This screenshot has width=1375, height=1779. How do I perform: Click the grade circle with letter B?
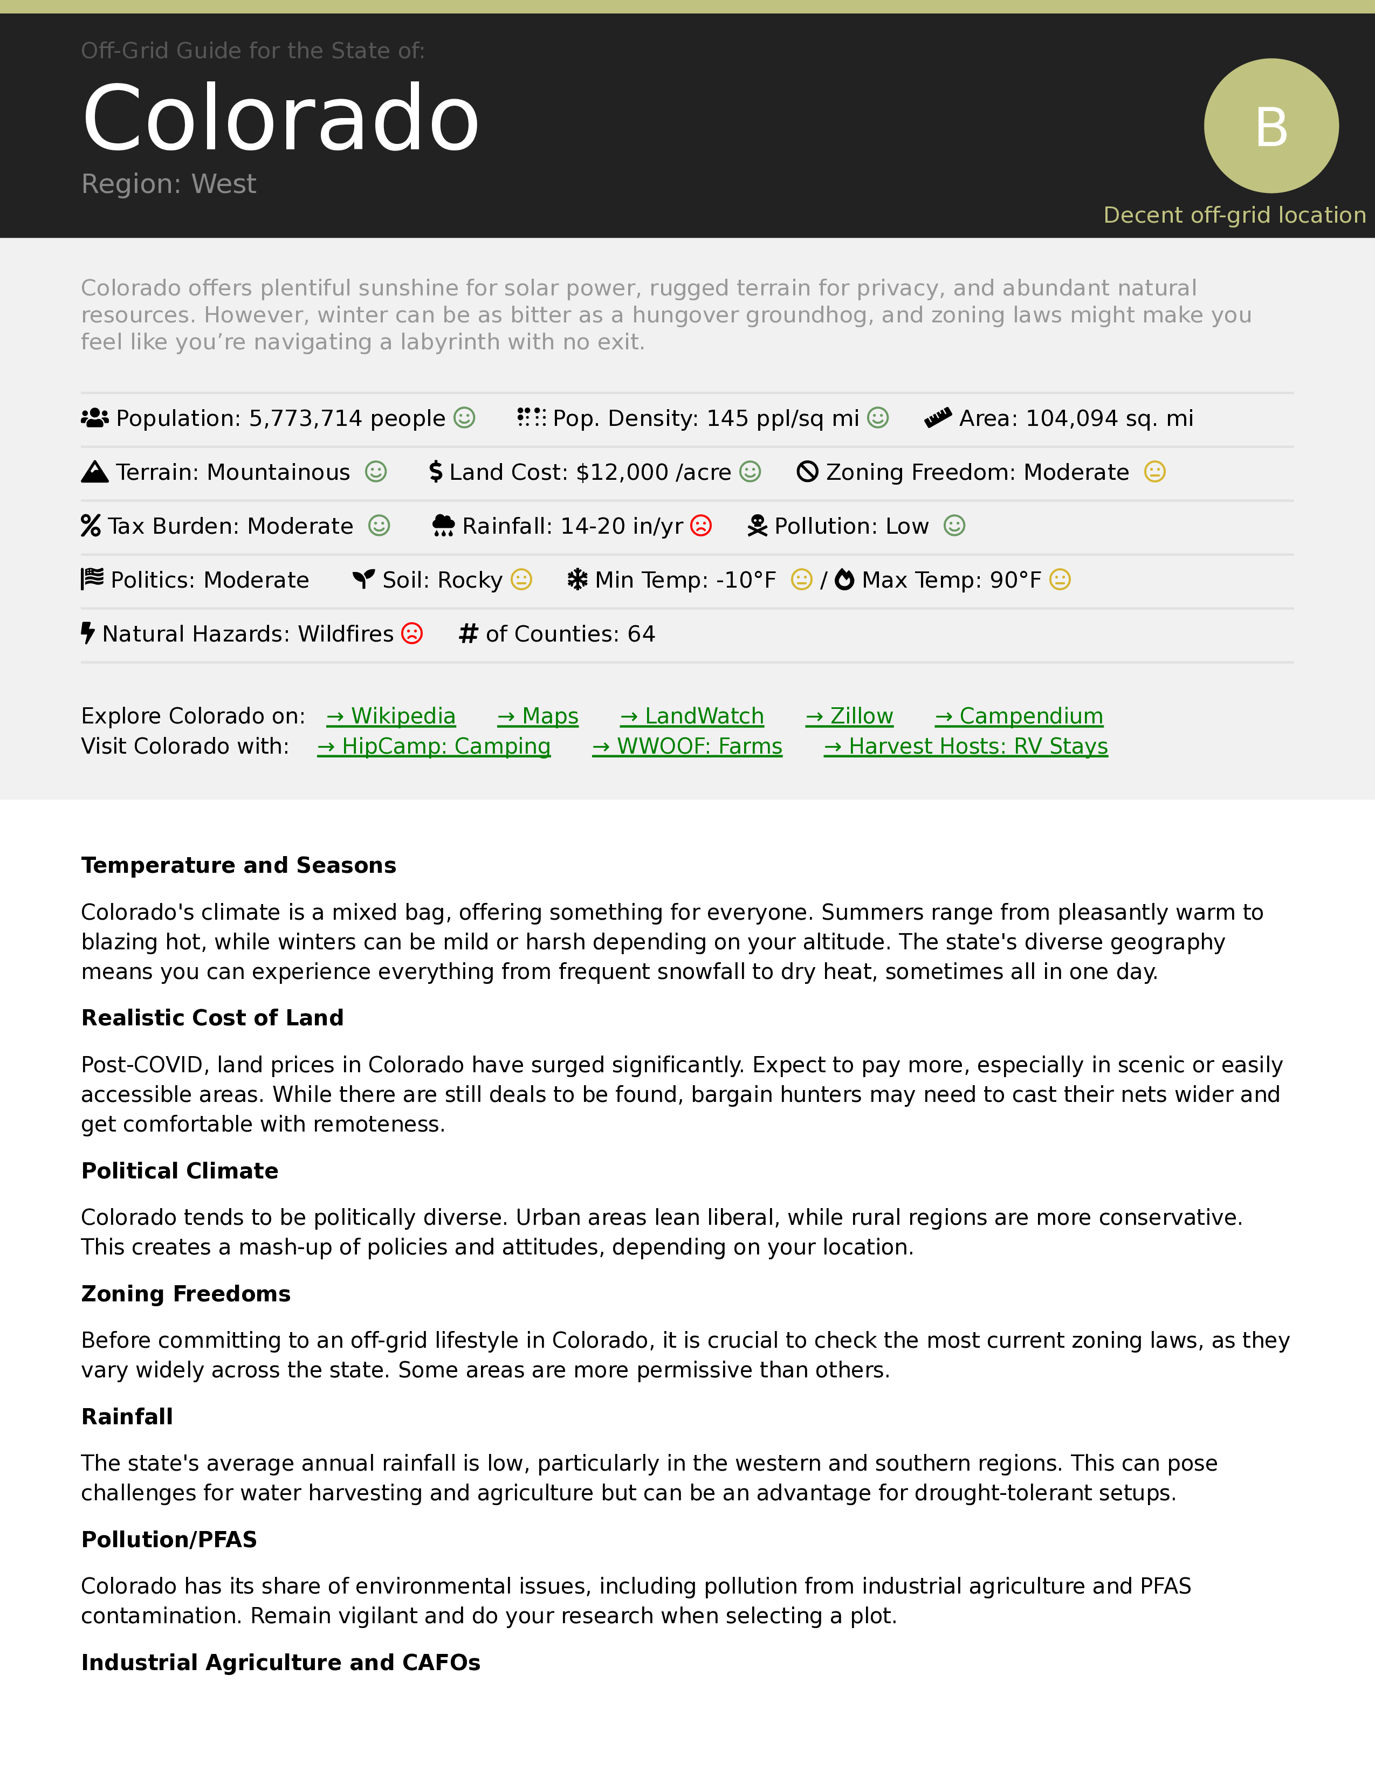point(1271,126)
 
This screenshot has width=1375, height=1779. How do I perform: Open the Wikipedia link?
point(391,716)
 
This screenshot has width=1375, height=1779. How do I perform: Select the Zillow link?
point(850,716)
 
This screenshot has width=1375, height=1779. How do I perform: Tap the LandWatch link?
point(692,716)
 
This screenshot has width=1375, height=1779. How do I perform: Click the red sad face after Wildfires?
point(413,634)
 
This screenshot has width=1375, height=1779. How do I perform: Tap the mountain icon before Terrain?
point(94,472)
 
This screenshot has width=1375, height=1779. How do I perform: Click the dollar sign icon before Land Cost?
point(436,472)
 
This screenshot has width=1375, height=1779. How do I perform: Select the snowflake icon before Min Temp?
point(577,580)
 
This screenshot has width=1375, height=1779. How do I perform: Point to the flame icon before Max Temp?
point(845,580)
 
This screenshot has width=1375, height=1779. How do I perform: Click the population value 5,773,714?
point(305,419)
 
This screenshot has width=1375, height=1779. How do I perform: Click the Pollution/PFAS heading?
point(169,1540)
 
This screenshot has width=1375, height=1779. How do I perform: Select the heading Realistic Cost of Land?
point(212,1018)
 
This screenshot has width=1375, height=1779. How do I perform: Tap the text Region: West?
point(169,184)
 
